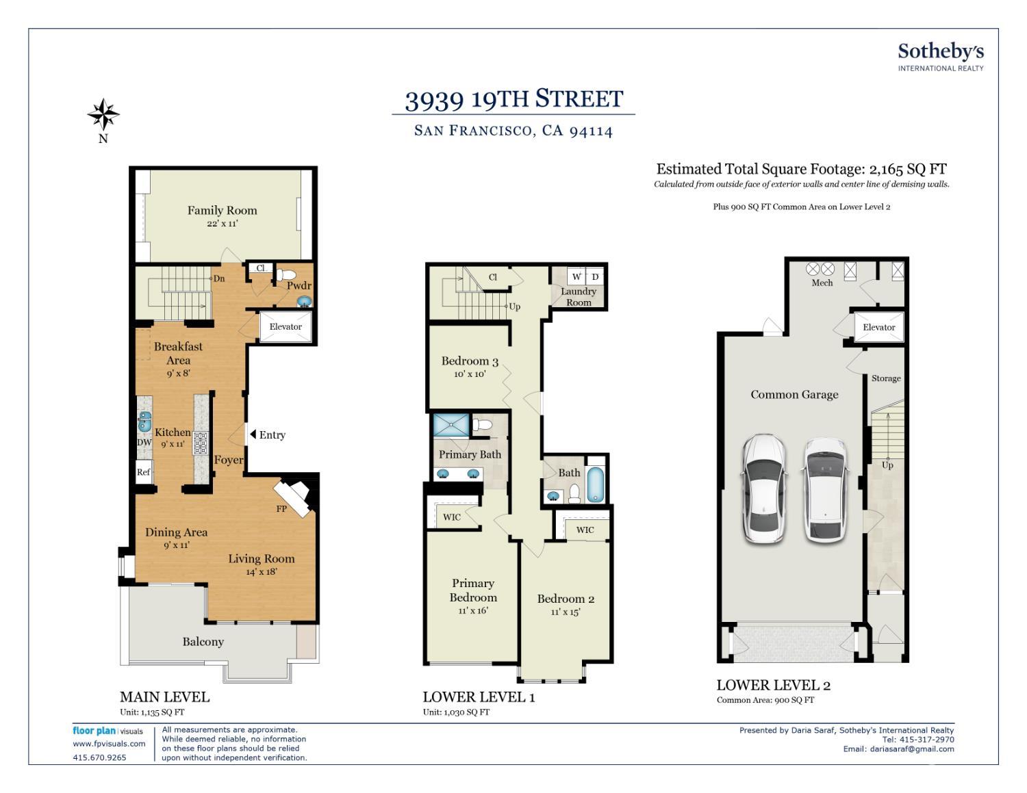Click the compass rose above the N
(x=103, y=114)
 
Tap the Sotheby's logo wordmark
(x=941, y=52)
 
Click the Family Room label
(x=222, y=210)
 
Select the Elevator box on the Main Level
(x=286, y=326)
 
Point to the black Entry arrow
(x=253, y=434)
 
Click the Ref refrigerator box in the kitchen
(x=144, y=471)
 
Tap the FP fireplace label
(x=281, y=508)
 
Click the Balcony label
(x=203, y=641)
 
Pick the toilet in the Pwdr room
(x=286, y=274)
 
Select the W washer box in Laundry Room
(x=576, y=277)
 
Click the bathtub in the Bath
(x=596, y=484)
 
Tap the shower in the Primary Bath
(x=451, y=425)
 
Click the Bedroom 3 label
(x=470, y=361)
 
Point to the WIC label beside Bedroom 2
(x=585, y=530)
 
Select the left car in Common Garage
(x=764, y=489)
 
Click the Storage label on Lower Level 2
(x=886, y=378)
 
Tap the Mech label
(x=822, y=283)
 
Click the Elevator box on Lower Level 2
(x=879, y=327)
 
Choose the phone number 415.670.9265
(x=100, y=757)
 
